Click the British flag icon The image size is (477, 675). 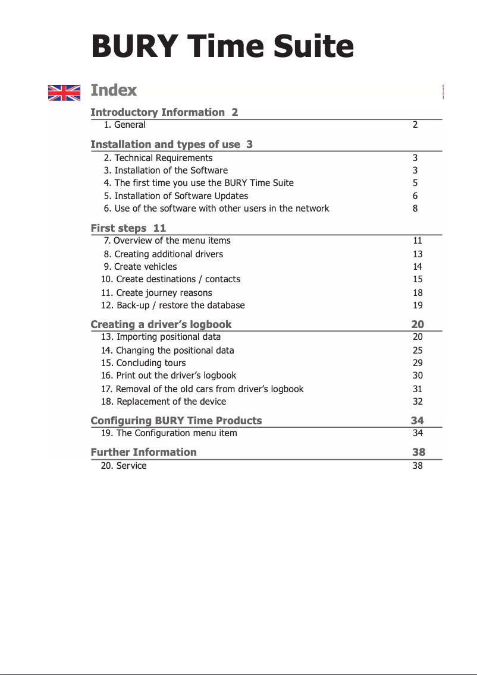tap(64, 93)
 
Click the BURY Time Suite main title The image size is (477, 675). tap(222, 46)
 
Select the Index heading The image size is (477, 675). tap(114, 90)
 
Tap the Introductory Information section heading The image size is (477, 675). tap(164, 112)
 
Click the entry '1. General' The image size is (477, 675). tap(124, 125)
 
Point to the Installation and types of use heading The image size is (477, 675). tap(171, 144)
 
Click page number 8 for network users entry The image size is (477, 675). tap(415, 209)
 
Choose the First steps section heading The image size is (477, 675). tap(128, 228)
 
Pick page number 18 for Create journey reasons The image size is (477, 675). tap(418, 293)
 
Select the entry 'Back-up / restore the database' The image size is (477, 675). tap(173, 305)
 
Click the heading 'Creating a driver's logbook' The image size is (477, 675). tap(161, 324)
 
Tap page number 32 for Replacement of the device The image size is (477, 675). tap(418, 402)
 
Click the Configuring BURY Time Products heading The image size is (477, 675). tap(176, 421)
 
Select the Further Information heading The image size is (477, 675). tap(143, 452)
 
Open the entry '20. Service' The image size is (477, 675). tap(124, 466)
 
